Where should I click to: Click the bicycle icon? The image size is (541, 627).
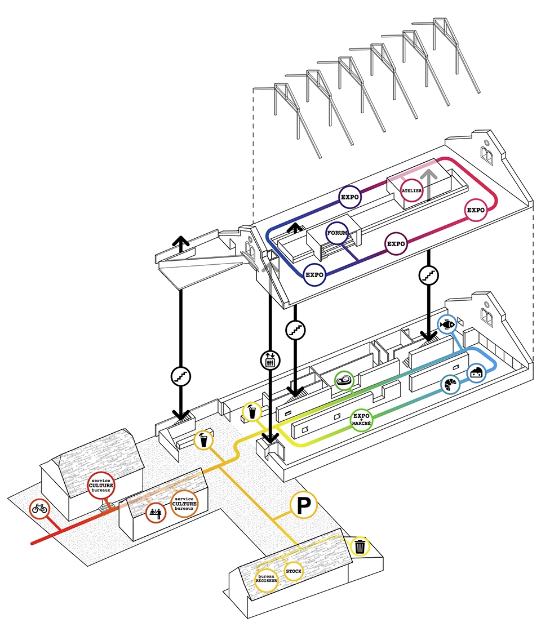[39, 509]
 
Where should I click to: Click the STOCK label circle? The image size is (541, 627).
[294, 572]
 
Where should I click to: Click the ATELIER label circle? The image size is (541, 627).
[411, 191]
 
